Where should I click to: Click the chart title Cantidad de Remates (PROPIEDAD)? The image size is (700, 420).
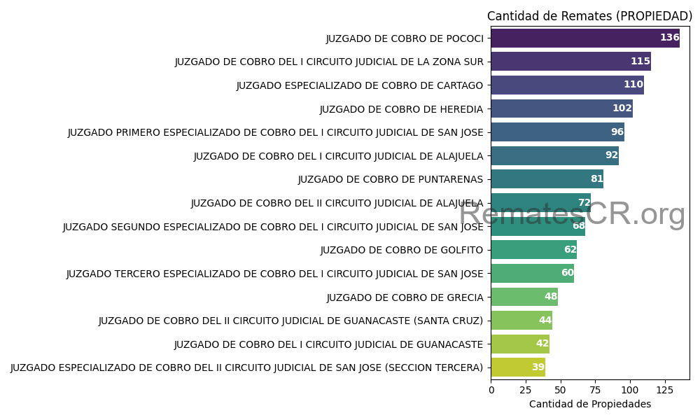(589, 16)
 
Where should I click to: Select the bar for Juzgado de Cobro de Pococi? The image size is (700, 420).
(584, 38)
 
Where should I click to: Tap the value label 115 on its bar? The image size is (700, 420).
(640, 62)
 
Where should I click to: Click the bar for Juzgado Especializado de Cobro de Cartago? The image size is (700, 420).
(567, 85)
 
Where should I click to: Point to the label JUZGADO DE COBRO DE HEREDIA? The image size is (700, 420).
(401, 109)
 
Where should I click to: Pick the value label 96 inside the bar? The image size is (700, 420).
(617, 132)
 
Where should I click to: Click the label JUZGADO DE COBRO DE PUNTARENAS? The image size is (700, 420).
(390, 179)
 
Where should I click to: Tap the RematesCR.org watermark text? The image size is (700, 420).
(572, 214)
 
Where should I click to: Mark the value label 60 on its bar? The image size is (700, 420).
(567, 273)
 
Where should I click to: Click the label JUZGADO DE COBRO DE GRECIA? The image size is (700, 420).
(405, 297)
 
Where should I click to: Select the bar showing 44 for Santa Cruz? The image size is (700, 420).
(521, 321)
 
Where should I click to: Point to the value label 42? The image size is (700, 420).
(542, 344)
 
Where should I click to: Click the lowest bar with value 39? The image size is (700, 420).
(518, 367)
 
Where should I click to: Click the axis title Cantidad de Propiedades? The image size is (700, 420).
(589, 405)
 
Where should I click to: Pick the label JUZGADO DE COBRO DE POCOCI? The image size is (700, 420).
(405, 38)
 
